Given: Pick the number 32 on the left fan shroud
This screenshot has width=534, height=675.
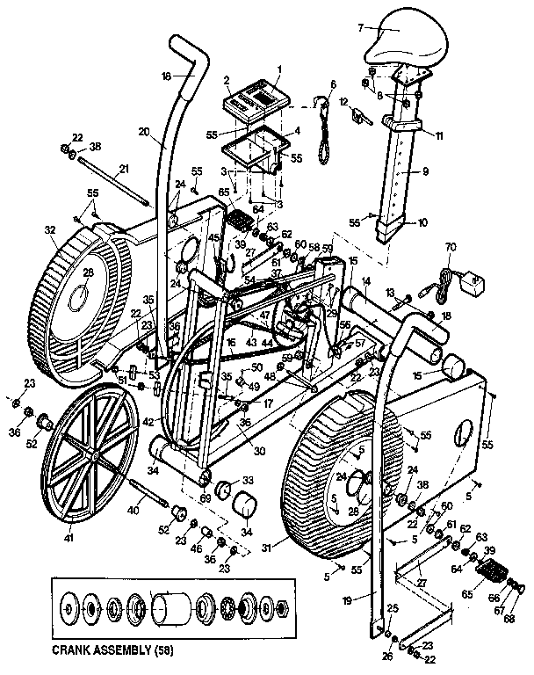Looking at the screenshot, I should pyautogui.click(x=38, y=233).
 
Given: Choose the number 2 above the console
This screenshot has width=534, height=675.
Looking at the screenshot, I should pyautogui.click(x=227, y=80).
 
